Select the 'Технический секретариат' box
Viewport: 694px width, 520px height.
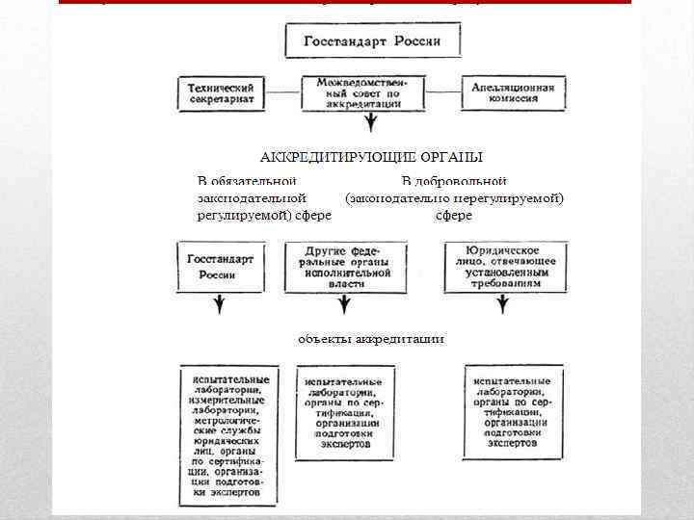[x=221, y=94]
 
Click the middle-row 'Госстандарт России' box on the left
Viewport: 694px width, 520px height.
[x=218, y=267]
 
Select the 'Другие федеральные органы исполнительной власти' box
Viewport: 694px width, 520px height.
[x=339, y=267]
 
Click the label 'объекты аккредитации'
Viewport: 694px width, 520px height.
[x=371, y=339]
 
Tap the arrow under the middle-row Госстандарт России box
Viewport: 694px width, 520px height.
[x=220, y=306]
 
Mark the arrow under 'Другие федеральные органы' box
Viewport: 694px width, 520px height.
[x=341, y=306]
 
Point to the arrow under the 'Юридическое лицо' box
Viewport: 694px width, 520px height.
[x=504, y=306]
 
